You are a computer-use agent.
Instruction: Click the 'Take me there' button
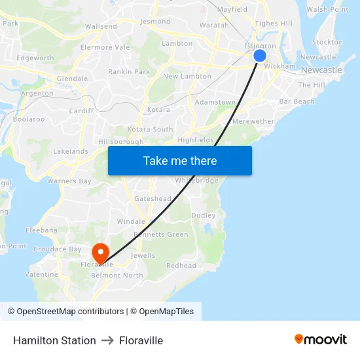(179, 160)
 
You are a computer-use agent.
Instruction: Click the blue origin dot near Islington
(259, 56)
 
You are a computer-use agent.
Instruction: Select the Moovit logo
(321, 340)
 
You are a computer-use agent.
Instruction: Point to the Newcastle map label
(321, 70)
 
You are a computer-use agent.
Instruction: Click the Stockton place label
(328, 42)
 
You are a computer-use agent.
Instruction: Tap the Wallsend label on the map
(101, 26)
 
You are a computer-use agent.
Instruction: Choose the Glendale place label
(73, 79)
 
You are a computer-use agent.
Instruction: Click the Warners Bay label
(69, 181)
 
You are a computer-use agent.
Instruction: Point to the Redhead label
(181, 265)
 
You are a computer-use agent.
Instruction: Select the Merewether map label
(253, 121)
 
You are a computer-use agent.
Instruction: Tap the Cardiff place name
(81, 111)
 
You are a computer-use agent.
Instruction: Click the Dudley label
(203, 215)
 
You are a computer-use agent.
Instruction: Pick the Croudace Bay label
(58, 249)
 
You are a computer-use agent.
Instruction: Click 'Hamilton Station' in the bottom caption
(54, 340)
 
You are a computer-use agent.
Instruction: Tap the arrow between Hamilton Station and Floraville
(107, 340)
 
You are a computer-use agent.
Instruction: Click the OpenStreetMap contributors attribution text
(70, 312)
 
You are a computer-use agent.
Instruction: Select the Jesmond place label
(155, 21)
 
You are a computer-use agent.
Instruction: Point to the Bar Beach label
(297, 101)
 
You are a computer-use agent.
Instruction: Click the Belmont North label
(117, 276)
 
